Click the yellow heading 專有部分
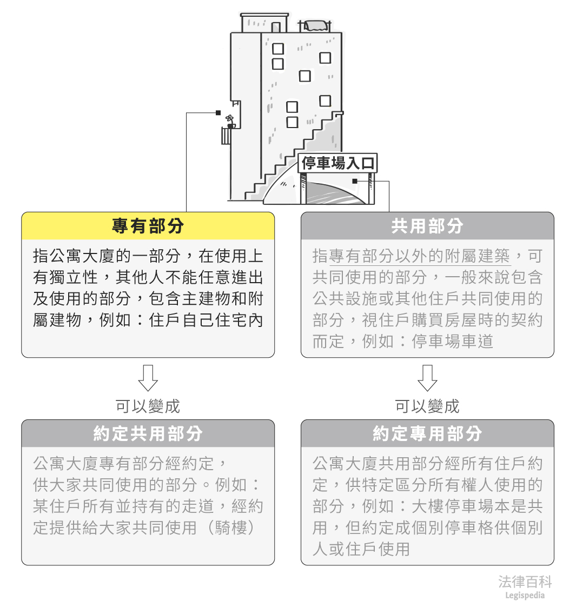148,226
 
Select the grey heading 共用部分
427,226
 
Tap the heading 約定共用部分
148,433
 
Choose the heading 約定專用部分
427,433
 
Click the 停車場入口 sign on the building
337,163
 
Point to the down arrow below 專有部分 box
148,377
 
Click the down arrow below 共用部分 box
427,377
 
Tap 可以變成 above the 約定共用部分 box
148,406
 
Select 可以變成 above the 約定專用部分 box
427,406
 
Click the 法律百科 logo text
525,582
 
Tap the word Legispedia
525,596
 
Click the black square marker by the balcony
218,113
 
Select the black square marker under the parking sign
355,181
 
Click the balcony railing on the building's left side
226,136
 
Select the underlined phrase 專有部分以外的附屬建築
419,256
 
